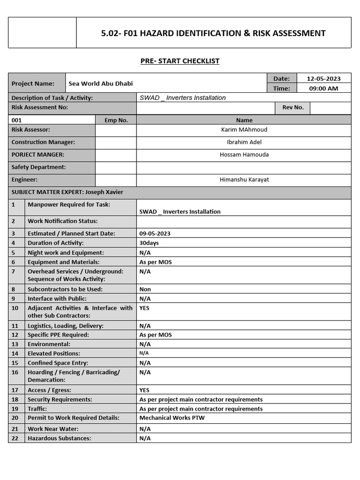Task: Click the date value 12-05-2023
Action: [x=323, y=79]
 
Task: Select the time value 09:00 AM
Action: [x=323, y=88]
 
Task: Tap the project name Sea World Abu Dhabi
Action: [x=100, y=83]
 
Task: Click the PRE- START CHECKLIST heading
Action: [x=180, y=61]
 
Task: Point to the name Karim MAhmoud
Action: [x=244, y=129]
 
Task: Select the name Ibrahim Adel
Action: [x=244, y=142]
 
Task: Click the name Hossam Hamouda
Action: [x=244, y=154]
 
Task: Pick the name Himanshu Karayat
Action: [x=244, y=180]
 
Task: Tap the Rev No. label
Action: [x=292, y=107]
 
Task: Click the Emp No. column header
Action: [x=116, y=120]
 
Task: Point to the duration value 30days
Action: [x=149, y=243]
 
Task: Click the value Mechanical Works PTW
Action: [x=172, y=418]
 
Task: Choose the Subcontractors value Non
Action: [x=145, y=289]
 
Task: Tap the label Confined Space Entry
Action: [x=58, y=363]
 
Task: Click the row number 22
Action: [x=15, y=438]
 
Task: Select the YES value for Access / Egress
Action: [x=144, y=390]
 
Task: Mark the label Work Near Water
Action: [x=53, y=429]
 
